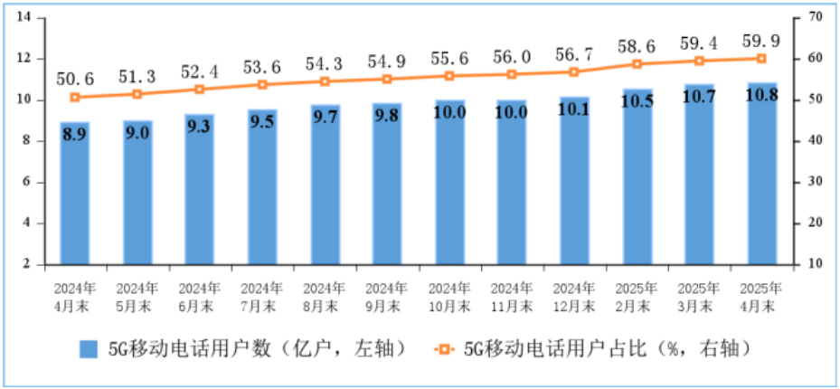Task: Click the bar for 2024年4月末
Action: [75, 193]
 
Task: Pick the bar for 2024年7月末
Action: [262, 186]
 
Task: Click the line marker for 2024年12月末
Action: [574, 71]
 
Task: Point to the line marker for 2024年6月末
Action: [200, 89]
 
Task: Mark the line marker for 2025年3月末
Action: [698, 61]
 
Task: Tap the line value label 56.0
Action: [512, 54]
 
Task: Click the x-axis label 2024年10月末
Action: [449, 297]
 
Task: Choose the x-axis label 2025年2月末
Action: [637, 297]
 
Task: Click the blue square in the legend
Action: [88, 348]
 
